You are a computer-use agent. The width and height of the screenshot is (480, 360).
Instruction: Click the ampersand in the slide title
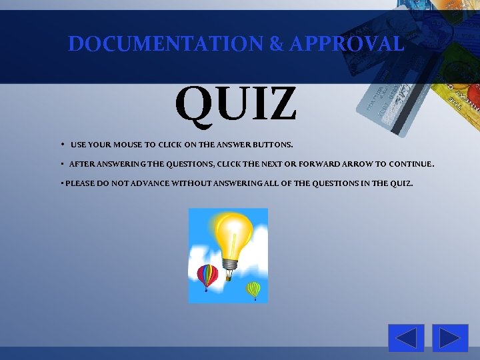tap(276, 45)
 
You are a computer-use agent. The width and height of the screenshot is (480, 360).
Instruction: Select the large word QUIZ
tap(236, 104)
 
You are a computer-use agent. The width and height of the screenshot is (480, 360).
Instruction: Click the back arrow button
tap(406, 338)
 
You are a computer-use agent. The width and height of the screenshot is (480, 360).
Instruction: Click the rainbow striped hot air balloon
tap(207, 275)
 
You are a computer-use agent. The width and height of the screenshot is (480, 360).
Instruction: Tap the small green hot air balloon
tap(253, 289)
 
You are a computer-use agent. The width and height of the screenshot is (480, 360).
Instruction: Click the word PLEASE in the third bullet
tap(80, 182)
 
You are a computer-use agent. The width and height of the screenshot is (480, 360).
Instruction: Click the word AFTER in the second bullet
tap(82, 163)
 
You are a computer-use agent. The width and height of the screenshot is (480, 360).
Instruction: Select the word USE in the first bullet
tap(78, 144)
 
